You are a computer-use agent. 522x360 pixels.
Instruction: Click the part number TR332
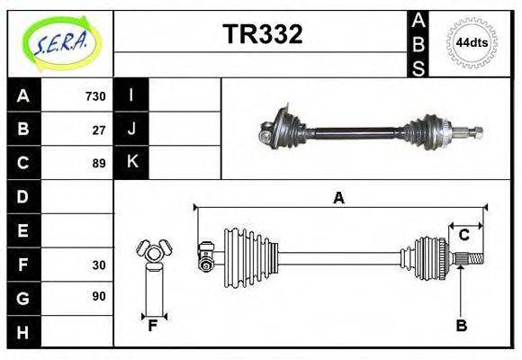coord(262,34)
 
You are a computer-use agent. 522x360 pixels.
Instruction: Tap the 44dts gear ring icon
coord(472,42)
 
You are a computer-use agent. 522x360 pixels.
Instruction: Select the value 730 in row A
coord(94,95)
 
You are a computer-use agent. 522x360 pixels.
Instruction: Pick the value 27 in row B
coord(98,130)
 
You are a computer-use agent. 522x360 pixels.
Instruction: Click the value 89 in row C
coord(98,163)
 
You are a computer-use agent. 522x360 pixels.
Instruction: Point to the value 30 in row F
coord(98,265)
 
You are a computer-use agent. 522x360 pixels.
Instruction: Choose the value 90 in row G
coord(98,296)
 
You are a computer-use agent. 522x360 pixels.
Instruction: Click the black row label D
coord(23,196)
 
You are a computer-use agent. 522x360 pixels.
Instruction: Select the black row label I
coord(131,95)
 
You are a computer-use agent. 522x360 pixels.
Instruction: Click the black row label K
coord(131,163)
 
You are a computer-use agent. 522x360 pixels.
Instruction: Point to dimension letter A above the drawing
coord(338,198)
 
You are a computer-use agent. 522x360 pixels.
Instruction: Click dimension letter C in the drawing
coord(464,235)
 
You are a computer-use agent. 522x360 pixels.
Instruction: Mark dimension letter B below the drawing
coord(461,326)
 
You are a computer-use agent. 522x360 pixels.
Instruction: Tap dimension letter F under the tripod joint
coord(153,326)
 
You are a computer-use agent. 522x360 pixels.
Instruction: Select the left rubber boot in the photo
coord(286,128)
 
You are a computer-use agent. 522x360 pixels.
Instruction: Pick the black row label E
coord(23,230)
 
